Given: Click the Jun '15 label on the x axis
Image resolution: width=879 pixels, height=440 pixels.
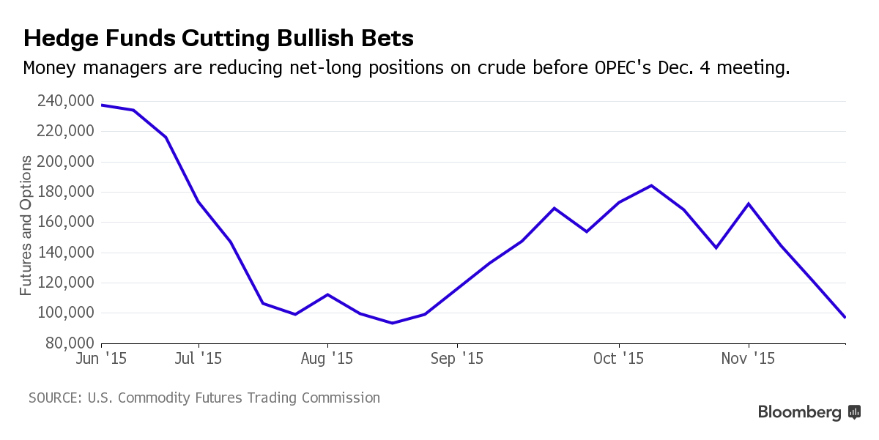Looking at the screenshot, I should (101, 359).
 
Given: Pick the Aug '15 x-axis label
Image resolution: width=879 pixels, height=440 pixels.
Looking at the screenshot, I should (327, 359).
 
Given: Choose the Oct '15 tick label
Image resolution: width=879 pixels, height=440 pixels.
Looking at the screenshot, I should (619, 359).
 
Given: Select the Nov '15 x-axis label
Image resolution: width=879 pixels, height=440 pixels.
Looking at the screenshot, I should (749, 359).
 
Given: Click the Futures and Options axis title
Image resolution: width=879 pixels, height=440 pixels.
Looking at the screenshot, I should (26, 225).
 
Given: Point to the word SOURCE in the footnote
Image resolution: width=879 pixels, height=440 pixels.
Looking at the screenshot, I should (53, 398).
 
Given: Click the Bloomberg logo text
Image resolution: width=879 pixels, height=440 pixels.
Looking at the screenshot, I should (800, 412).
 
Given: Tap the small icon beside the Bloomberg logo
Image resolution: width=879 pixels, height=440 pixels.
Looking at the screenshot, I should (854, 412).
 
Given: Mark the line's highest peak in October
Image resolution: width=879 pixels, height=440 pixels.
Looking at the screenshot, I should (651, 185).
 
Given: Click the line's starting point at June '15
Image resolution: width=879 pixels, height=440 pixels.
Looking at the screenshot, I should (101, 105).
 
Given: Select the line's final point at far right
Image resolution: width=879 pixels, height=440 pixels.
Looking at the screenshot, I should (845, 317).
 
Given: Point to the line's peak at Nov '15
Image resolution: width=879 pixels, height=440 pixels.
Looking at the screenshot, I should (748, 204).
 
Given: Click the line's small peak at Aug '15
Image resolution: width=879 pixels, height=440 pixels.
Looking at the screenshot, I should (327, 294).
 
